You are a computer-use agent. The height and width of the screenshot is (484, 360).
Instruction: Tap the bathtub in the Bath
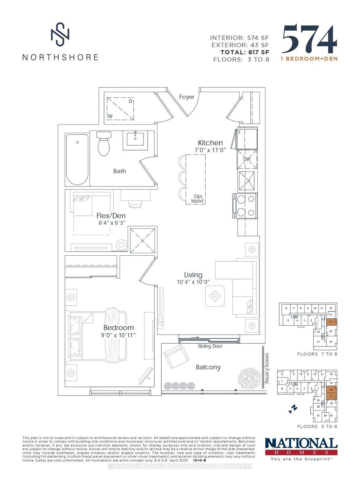coord(77,159)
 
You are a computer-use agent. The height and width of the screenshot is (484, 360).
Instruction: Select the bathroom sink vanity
coord(135,140)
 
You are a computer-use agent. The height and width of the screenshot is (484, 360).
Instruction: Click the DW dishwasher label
coord(247,159)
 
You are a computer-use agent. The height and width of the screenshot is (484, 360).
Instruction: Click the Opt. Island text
coord(197,199)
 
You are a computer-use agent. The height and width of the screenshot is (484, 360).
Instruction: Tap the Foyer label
coord(187,97)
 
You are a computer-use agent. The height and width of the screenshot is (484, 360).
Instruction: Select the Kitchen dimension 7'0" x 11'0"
coord(210,150)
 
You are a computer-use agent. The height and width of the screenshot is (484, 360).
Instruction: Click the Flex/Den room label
coord(111,216)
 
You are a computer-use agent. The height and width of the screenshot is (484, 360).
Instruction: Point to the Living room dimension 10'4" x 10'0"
coord(193,282)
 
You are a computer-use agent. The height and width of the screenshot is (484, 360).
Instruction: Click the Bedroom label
coord(118,327)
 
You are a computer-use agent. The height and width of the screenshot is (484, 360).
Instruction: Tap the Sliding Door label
coord(210,346)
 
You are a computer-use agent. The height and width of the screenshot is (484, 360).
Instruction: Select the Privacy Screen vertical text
coord(267,368)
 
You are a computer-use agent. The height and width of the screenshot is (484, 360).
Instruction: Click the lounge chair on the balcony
coord(176,356)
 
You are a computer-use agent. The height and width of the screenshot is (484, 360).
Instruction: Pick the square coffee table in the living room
coord(215,296)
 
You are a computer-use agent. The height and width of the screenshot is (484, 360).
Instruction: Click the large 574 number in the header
coord(309,39)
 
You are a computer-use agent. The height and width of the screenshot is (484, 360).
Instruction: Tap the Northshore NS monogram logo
coord(60,34)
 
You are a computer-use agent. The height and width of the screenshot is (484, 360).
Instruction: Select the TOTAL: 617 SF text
coord(245,52)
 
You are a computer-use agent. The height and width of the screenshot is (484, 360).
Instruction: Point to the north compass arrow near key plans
coord(293,408)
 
